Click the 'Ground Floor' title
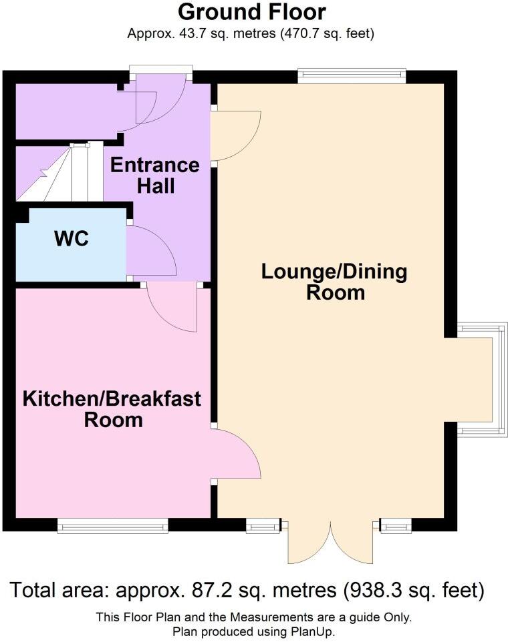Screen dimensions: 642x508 253,12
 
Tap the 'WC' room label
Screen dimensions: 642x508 72,238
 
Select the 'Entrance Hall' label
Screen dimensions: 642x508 155,175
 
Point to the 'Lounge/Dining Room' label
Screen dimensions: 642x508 334,282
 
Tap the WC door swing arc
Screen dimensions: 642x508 151,251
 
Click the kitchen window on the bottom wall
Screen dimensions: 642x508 112,527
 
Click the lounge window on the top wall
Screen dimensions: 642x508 352,76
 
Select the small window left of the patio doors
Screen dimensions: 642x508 262,528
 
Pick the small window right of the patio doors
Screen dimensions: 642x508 396,528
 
